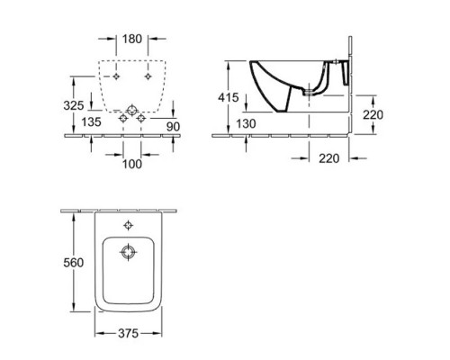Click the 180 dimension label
pyautogui.click(x=132, y=39)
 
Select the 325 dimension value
pyautogui.click(x=74, y=105)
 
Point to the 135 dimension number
pyautogui.click(x=92, y=121)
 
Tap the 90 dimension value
pyautogui.click(x=173, y=127)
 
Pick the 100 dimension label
pyautogui.click(x=132, y=164)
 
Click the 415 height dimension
pyautogui.click(x=229, y=97)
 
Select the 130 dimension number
pyautogui.click(x=246, y=123)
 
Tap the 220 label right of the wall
pyautogui.click(x=373, y=114)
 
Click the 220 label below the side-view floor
pyautogui.click(x=328, y=158)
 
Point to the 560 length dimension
pyautogui.click(x=74, y=263)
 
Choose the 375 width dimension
pyautogui.click(x=128, y=333)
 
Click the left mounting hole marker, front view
pyautogui.click(x=116, y=76)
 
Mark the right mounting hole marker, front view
pyautogui.click(x=148, y=76)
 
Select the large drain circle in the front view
pyautogui.click(x=132, y=111)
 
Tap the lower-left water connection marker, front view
pyautogui.click(x=123, y=118)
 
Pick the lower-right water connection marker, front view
pyautogui.click(x=141, y=118)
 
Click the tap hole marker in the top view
pyautogui.click(x=129, y=225)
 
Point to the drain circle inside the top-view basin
pyautogui.click(x=129, y=252)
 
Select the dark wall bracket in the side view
pyautogui.click(x=346, y=73)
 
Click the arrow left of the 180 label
pyautogui.click(x=107, y=39)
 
